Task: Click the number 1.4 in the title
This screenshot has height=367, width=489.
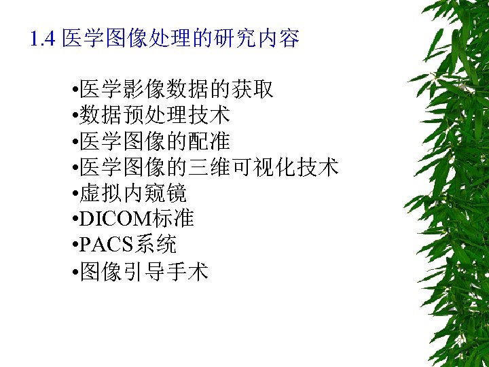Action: [x=43, y=39]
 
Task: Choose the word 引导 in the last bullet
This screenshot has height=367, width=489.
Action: [x=145, y=273]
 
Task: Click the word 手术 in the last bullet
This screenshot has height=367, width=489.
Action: [x=188, y=273]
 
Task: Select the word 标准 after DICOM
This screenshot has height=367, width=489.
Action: [x=175, y=220]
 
